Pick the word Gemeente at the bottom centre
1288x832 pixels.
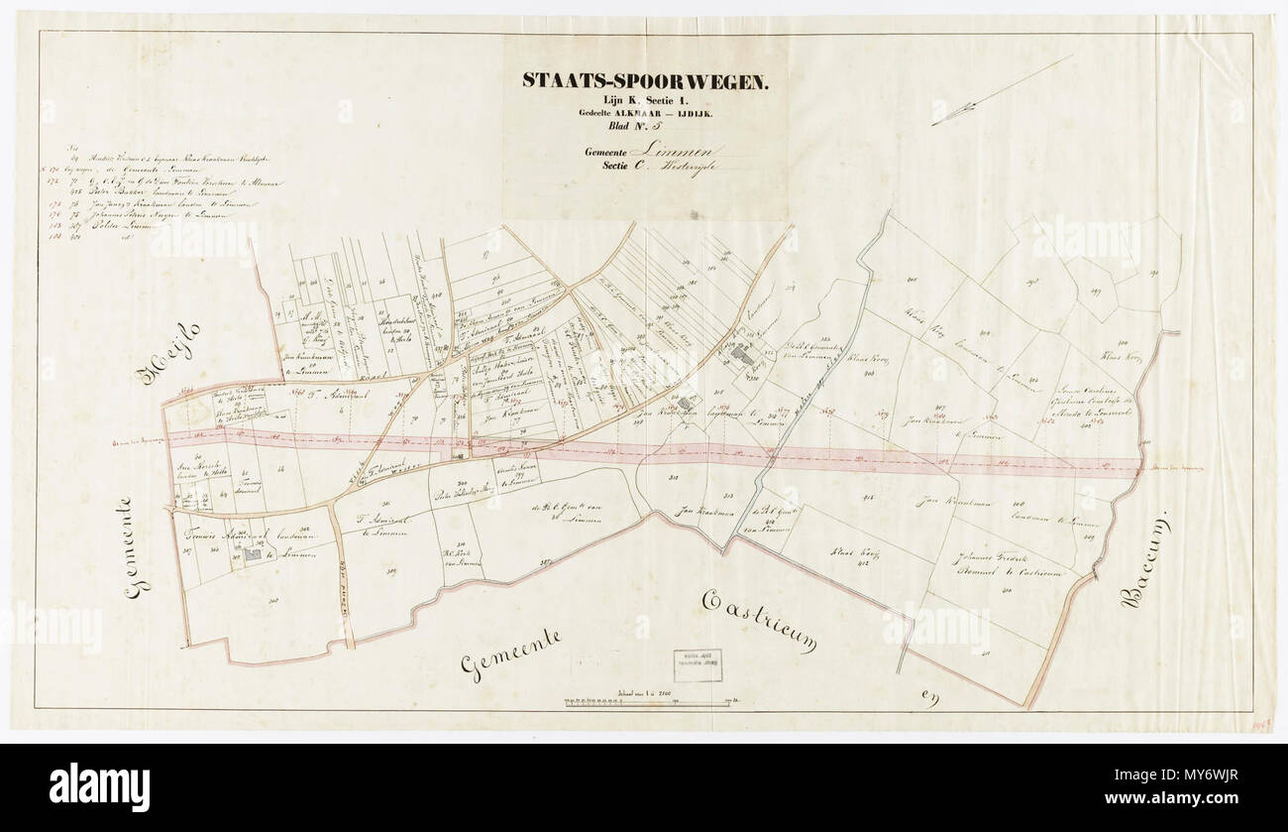pyautogui.click(x=511, y=654)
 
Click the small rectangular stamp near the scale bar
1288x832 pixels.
pyautogui.click(x=698, y=665)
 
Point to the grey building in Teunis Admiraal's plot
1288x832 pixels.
pyautogui.click(x=253, y=555)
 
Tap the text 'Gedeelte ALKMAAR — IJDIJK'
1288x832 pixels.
pyautogui.click(x=644, y=113)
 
